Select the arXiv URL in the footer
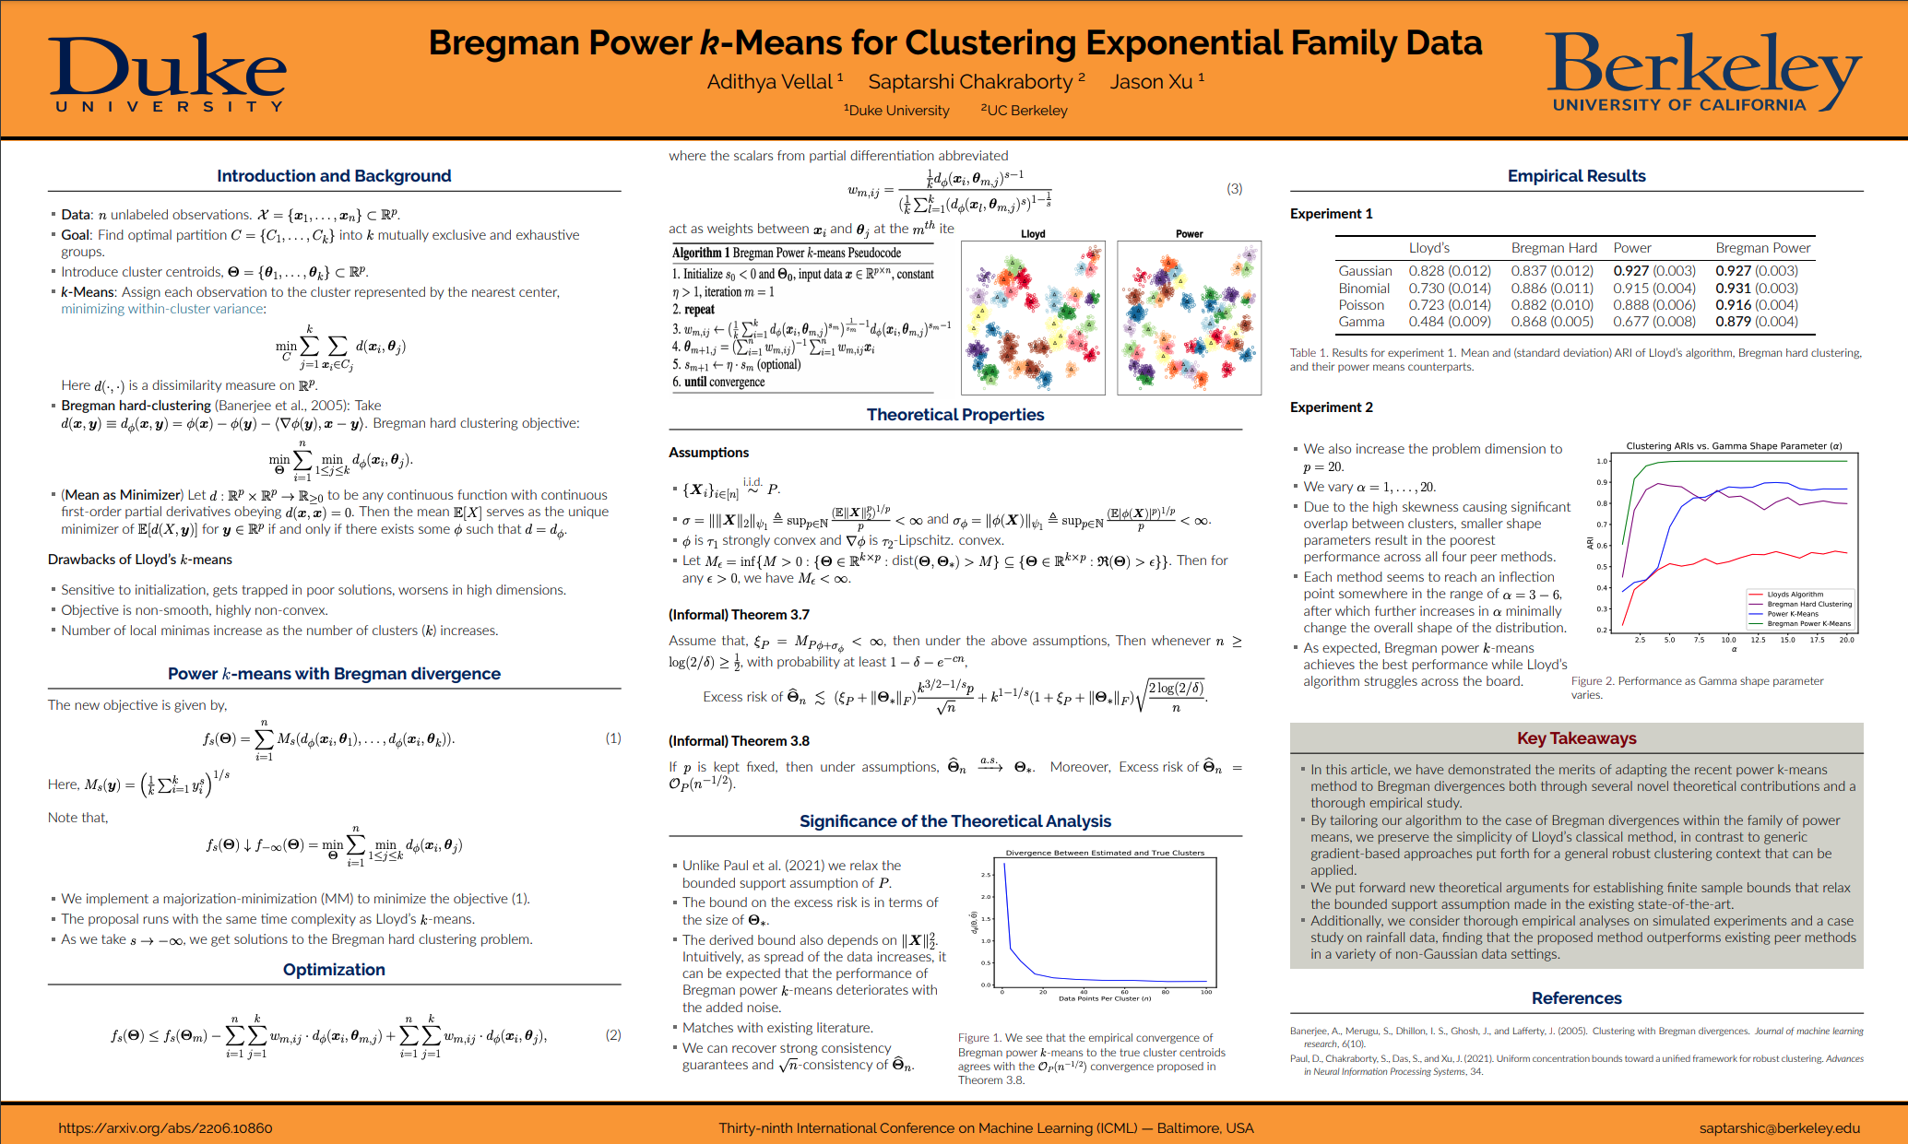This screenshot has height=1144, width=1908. [165, 1127]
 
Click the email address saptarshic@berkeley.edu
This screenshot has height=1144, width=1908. [1779, 1127]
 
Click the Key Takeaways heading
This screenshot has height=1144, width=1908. [1576, 738]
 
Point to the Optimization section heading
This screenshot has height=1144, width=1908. [334, 970]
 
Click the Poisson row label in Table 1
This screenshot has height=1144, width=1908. [1361, 305]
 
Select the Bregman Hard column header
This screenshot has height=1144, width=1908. [1553, 248]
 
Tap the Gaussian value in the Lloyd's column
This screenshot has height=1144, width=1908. [1449, 271]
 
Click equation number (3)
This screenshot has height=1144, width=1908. [1234, 189]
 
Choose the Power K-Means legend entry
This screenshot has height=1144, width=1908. [1792, 614]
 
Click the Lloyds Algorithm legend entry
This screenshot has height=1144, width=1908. [1795, 595]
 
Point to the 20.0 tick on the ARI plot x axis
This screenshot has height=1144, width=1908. [1846, 640]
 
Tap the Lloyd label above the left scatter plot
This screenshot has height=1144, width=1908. [1033, 234]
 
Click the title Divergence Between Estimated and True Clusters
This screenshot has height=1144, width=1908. [1105, 853]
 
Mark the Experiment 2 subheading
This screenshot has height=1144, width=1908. [1331, 407]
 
